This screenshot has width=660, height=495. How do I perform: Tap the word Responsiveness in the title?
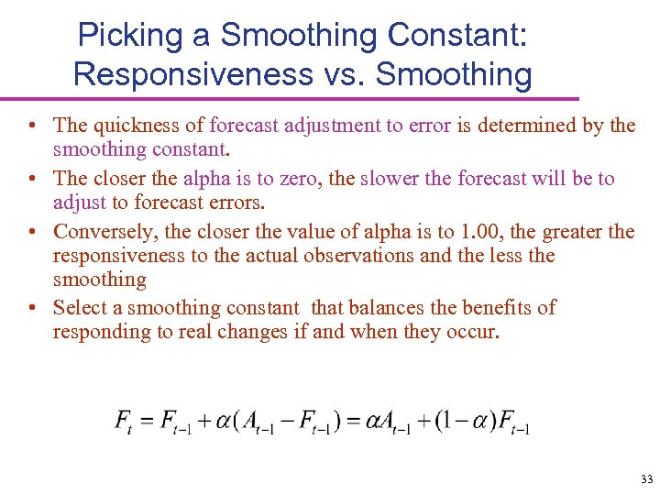[x=192, y=73]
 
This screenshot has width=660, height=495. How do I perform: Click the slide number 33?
[x=647, y=479]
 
